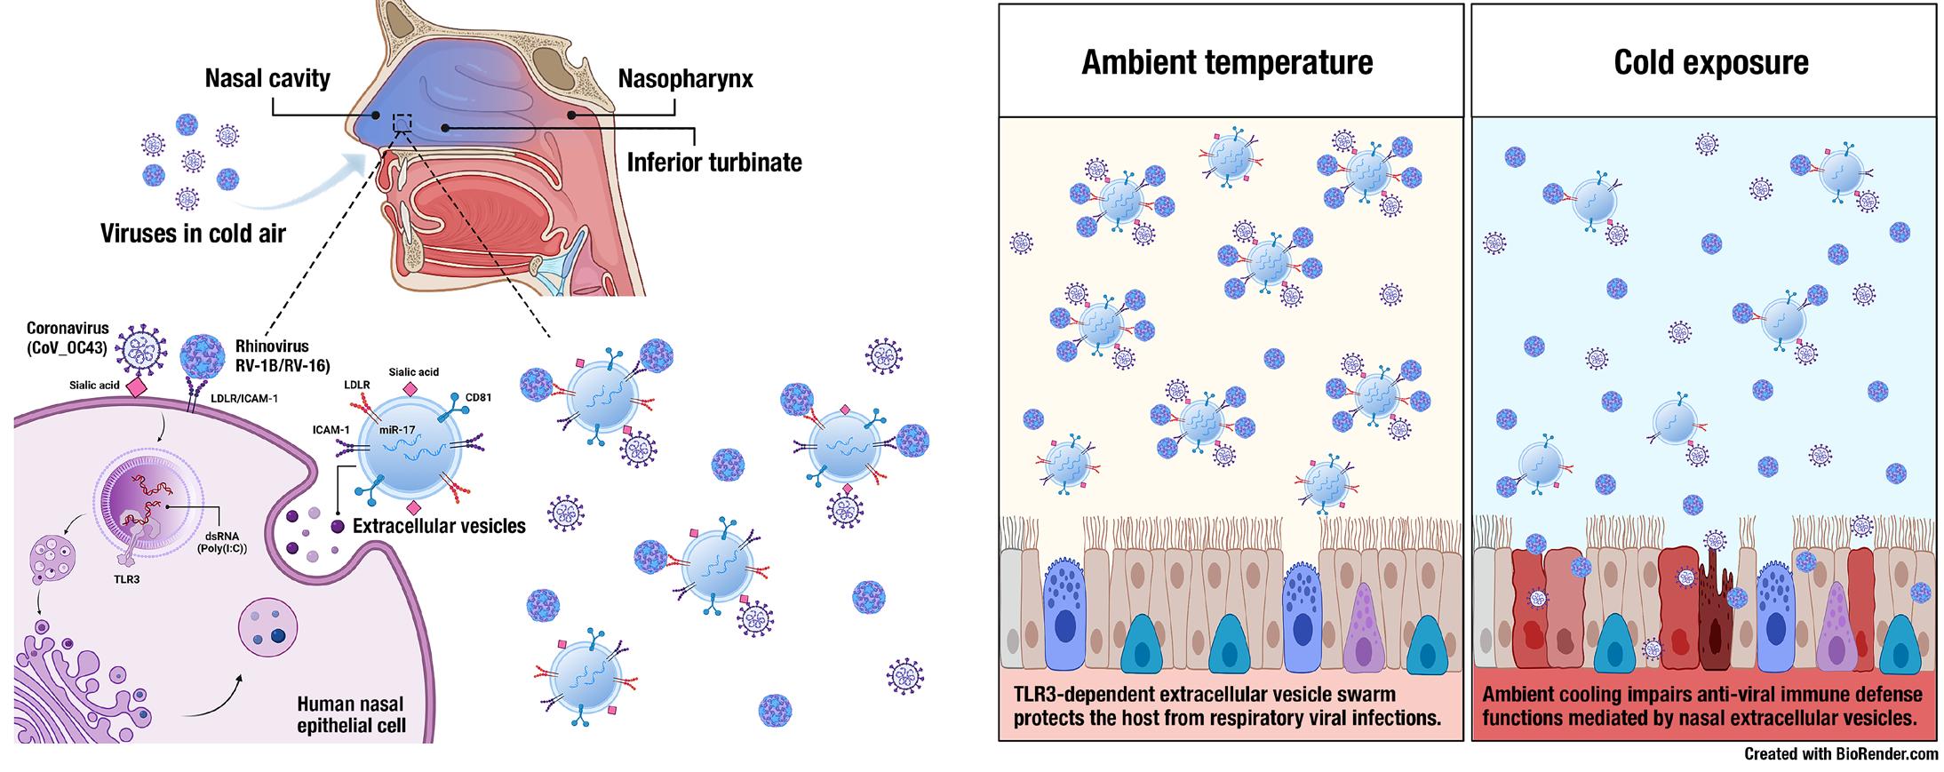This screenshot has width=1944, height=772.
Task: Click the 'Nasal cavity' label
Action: [267, 78]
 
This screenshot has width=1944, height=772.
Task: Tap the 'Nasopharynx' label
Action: [685, 79]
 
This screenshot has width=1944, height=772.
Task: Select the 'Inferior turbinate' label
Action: [713, 163]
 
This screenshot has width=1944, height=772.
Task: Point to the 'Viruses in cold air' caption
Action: [193, 234]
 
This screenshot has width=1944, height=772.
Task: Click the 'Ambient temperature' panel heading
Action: [1227, 62]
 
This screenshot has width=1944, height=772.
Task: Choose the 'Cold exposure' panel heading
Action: [1710, 62]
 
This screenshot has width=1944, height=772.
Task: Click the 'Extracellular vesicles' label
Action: [439, 526]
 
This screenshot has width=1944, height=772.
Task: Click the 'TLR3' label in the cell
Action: [127, 579]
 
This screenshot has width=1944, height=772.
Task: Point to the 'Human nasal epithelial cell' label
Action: [351, 715]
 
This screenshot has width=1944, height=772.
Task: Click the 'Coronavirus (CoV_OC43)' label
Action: [68, 337]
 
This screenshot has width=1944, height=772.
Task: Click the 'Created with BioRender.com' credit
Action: [1841, 754]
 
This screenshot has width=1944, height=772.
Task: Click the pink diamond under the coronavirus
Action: [137, 387]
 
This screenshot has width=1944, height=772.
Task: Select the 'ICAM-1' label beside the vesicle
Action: [330, 430]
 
